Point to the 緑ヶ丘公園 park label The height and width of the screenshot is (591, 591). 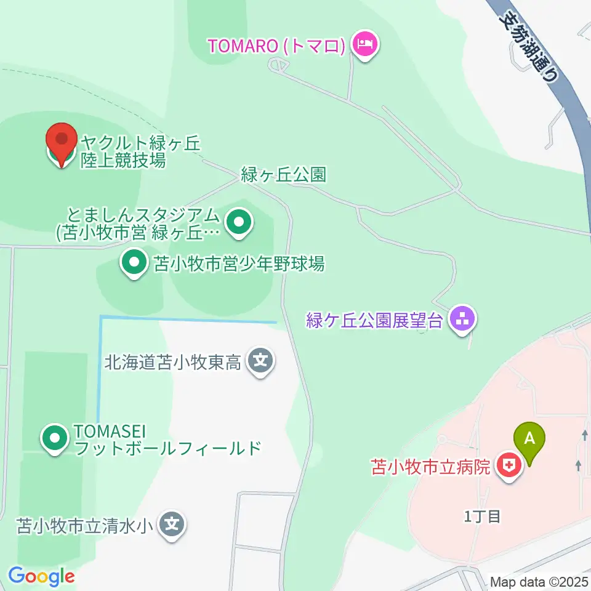(283, 175)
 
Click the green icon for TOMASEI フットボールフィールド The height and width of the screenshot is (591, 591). (56, 439)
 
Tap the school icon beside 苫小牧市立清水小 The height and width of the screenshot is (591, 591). (171, 525)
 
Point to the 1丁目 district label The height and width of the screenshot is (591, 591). (483, 516)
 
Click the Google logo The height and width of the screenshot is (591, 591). (41, 576)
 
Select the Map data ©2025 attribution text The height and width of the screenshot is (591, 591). (539, 582)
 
